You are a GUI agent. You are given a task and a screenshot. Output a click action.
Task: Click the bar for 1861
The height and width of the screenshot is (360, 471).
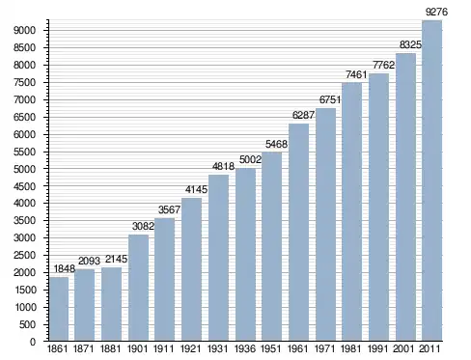(59, 309)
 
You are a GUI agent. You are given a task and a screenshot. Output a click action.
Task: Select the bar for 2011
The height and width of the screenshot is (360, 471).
(431, 180)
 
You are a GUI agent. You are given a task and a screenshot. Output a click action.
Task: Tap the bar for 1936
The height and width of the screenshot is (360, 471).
(245, 255)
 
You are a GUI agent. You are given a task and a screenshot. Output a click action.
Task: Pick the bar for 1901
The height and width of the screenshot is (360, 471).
(138, 288)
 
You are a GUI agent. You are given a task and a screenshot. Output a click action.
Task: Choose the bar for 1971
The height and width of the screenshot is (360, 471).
(325, 224)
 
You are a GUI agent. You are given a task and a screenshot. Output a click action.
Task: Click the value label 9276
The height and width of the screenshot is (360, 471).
(436, 12)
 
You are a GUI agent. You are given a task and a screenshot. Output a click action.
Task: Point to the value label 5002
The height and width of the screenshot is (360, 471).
(250, 159)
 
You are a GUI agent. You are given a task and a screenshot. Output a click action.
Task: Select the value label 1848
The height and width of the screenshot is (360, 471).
(64, 268)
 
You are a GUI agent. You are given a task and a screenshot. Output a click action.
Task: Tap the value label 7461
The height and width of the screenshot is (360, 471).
(356, 74)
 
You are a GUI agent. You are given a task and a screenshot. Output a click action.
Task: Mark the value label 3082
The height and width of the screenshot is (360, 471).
(143, 226)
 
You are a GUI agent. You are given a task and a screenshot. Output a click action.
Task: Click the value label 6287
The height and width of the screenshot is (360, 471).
(303, 115)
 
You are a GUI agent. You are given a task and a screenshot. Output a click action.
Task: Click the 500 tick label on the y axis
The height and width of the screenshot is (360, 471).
(27, 324)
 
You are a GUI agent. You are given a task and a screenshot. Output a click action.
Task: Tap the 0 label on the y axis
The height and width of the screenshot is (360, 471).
(33, 342)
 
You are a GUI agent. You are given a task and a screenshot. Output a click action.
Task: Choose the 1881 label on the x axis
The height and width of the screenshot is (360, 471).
(110, 348)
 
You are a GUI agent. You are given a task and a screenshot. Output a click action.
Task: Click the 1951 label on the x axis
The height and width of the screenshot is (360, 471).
(271, 348)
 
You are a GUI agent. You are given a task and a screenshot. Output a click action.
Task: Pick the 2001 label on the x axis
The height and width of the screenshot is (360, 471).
(403, 348)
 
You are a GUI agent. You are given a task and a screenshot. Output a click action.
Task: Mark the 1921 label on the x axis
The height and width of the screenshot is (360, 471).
(190, 348)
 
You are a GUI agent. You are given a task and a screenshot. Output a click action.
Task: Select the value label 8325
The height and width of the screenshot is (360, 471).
(410, 44)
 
